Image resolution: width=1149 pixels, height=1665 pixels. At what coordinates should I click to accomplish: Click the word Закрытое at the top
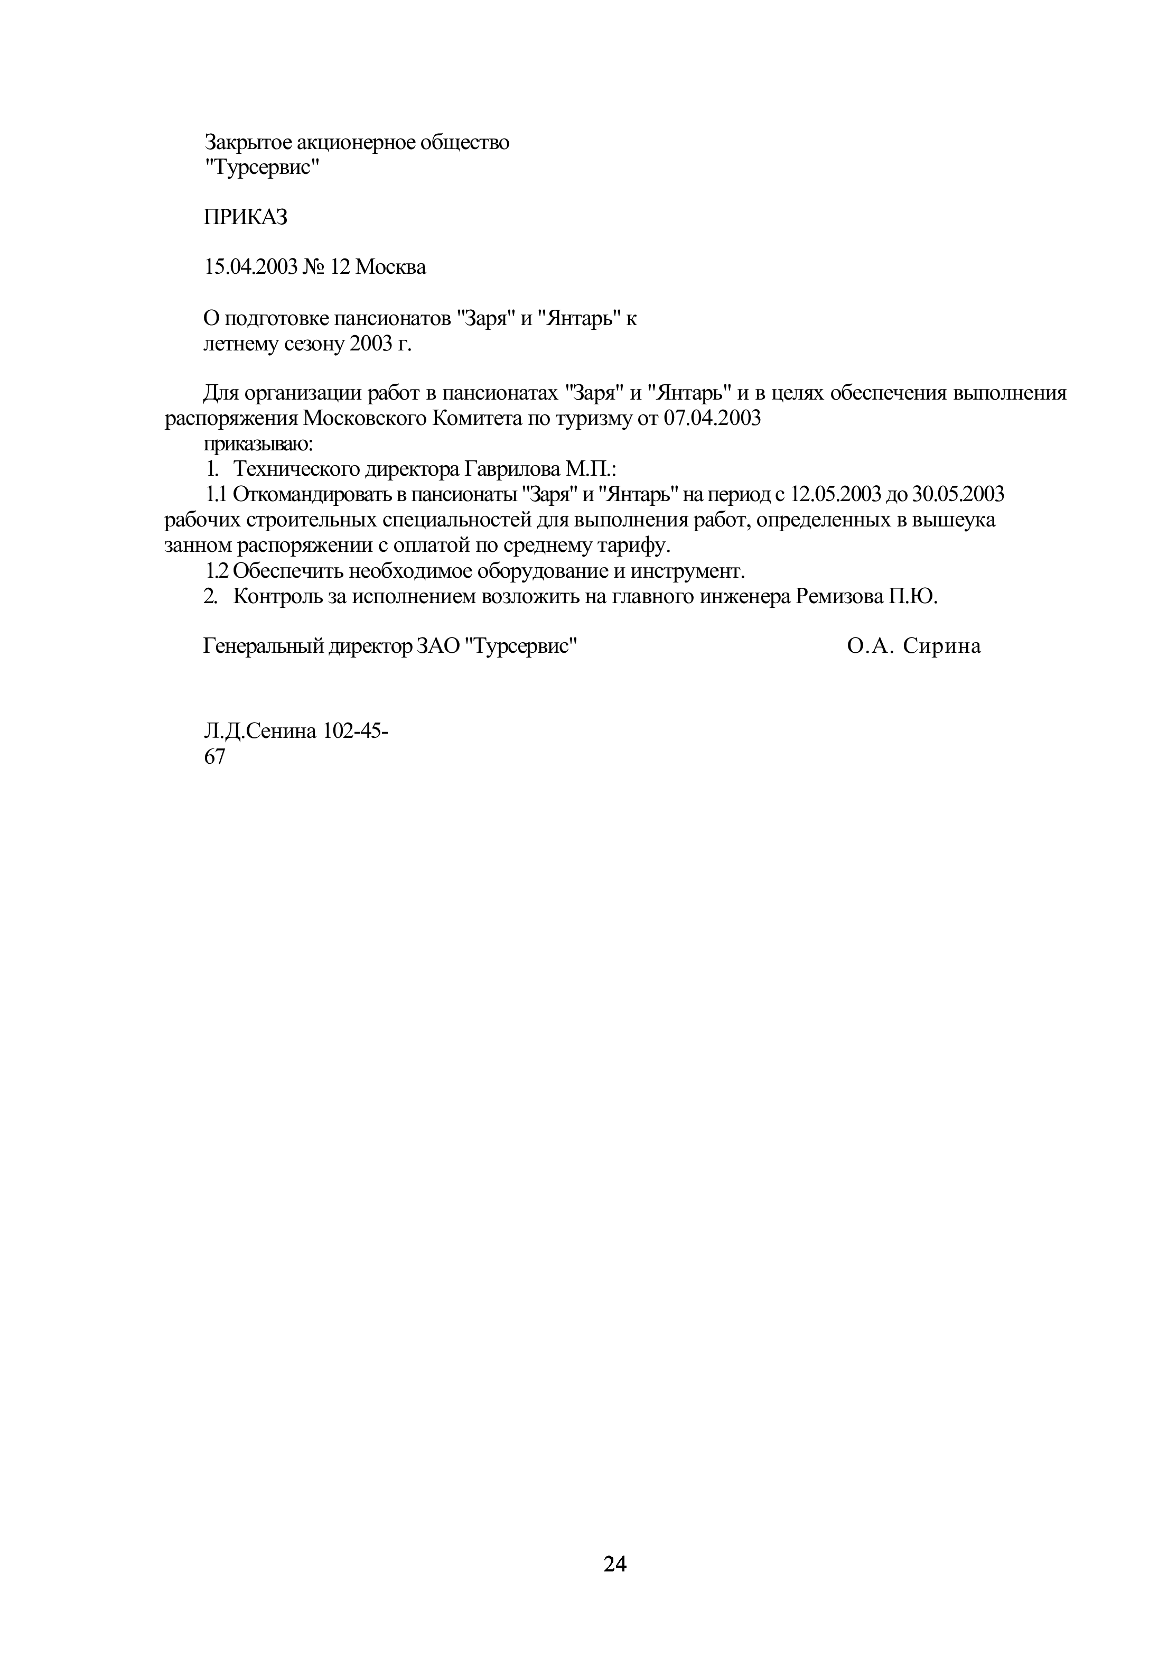[x=248, y=143]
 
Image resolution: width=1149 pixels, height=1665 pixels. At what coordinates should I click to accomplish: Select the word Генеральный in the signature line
[x=264, y=646]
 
